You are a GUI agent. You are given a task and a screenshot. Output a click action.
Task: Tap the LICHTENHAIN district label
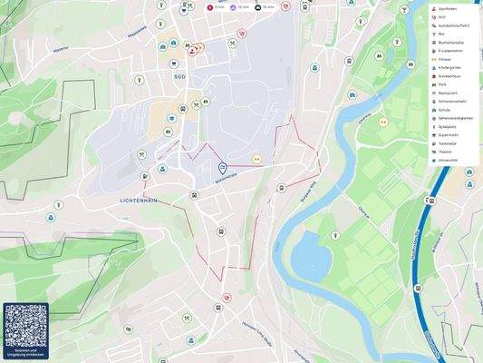140,199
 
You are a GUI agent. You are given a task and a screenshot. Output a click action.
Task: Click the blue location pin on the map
222,168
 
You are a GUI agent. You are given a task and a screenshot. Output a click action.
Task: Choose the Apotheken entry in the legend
448,9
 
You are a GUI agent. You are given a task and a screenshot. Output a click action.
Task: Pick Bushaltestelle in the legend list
451,43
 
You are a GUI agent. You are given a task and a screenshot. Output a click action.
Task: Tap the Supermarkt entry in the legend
449,135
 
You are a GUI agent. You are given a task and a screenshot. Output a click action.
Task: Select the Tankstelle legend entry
448,143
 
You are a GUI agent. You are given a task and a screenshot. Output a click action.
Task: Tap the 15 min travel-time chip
266,6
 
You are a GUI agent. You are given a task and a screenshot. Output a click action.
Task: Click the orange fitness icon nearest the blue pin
256,159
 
